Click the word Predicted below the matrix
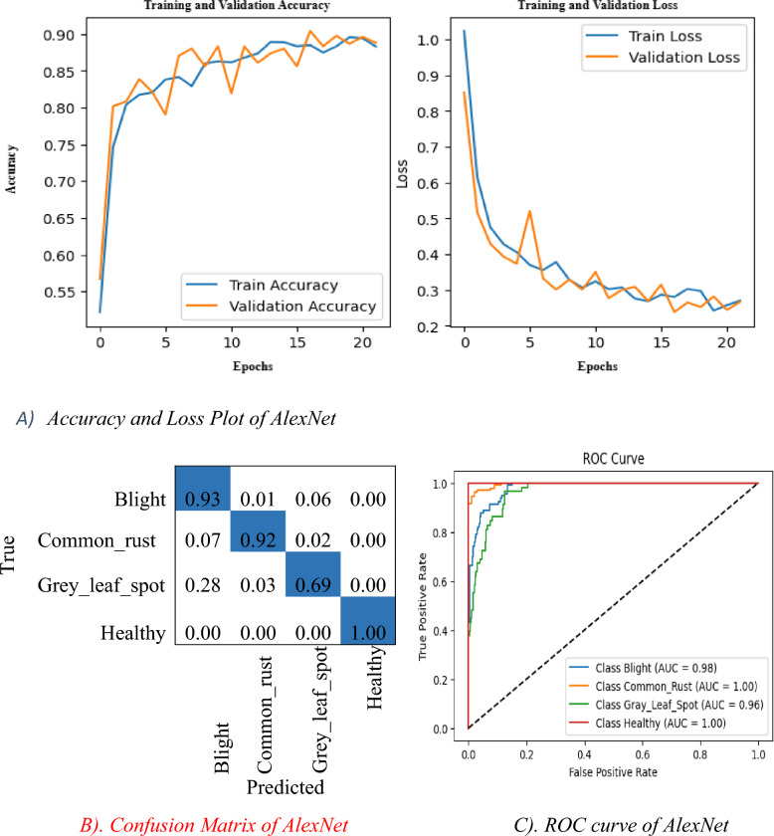click(285, 789)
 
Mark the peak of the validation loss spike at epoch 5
click(529, 211)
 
